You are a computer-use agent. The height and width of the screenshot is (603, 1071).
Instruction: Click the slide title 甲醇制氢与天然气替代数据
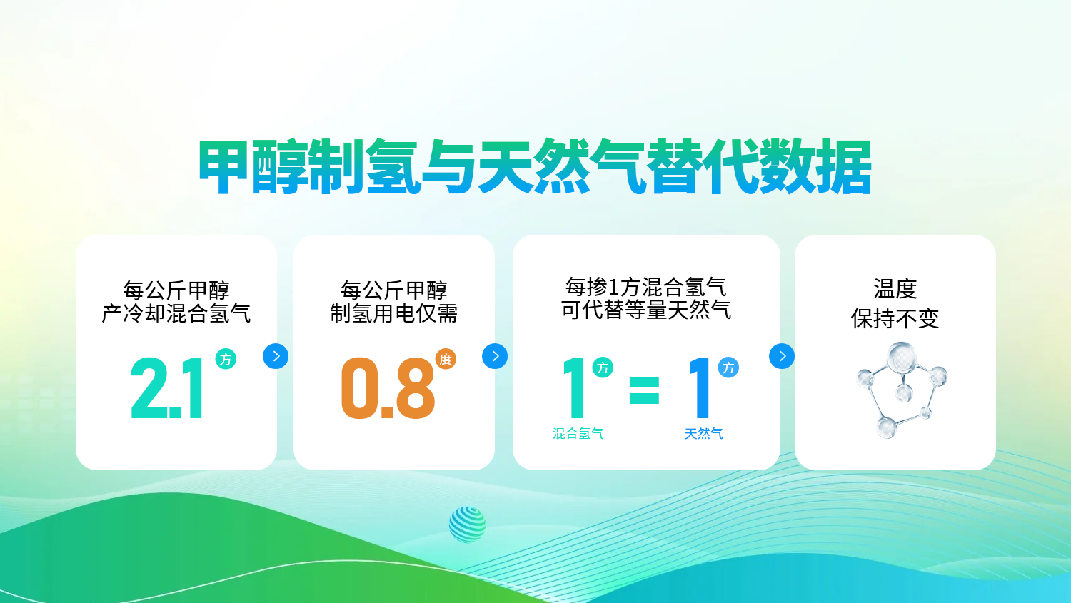point(535,167)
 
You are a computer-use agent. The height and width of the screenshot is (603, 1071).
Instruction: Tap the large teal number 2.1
point(167,388)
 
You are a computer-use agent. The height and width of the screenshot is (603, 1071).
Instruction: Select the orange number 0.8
point(388,388)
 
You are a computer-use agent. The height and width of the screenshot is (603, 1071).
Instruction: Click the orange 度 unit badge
point(446,359)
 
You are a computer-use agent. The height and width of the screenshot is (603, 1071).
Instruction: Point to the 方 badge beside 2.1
point(226,359)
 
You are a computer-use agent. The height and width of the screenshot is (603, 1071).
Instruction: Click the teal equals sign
point(644,390)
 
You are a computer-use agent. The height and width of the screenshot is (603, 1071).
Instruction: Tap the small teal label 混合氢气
point(578,434)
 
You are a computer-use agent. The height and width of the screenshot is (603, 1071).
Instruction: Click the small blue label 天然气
point(703,434)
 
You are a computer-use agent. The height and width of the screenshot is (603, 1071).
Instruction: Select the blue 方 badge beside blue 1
point(728,368)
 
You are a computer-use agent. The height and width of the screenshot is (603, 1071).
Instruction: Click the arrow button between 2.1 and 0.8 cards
point(276,356)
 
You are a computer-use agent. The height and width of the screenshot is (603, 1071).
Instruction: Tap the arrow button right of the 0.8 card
point(495,356)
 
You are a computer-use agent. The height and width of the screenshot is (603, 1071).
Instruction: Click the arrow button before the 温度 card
point(782,356)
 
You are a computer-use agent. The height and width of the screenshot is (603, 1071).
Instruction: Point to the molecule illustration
point(901,390)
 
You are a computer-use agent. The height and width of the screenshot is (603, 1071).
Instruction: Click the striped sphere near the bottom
point(467,525)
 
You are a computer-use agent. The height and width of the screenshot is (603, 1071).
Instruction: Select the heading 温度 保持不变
point(895,304)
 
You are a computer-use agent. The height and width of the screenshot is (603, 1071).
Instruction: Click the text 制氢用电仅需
point(394,313)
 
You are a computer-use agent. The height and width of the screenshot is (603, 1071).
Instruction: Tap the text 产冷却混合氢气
point(176,313)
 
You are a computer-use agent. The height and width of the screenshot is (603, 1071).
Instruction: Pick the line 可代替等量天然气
point(646,310)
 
